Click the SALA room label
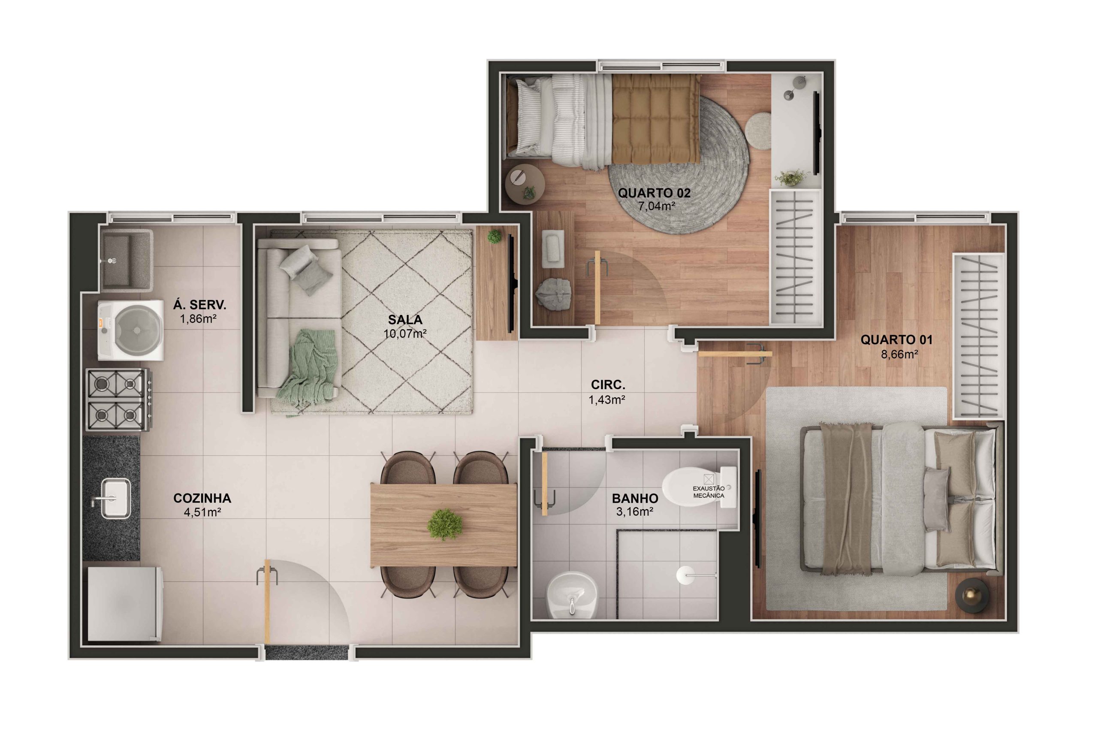(404, 320)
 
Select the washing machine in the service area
(131, 330)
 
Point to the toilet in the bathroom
(699, 487)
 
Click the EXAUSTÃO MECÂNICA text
(709, 492)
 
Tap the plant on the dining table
(445, 524)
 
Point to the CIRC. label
(608, 385)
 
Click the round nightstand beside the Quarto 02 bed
(525, 184)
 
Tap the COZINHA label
(202, 498)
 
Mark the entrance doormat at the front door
(307, 652)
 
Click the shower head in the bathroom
(685, 575)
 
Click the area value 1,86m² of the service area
(198, 319)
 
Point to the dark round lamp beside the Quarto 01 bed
(971, 595)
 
